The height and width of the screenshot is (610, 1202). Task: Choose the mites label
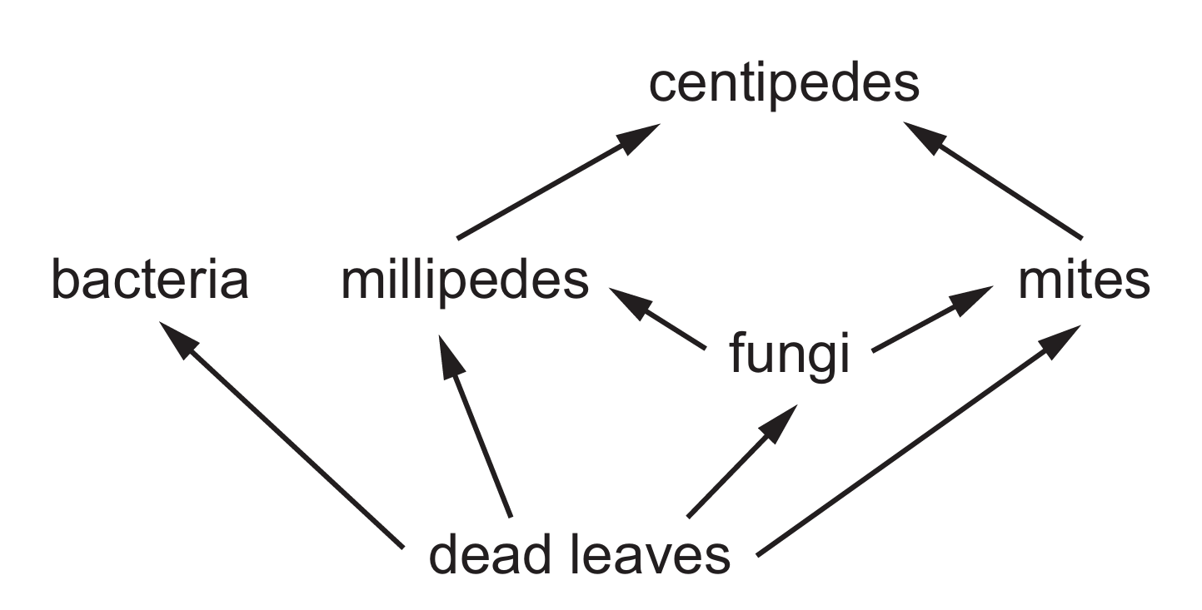click(1084, 281)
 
